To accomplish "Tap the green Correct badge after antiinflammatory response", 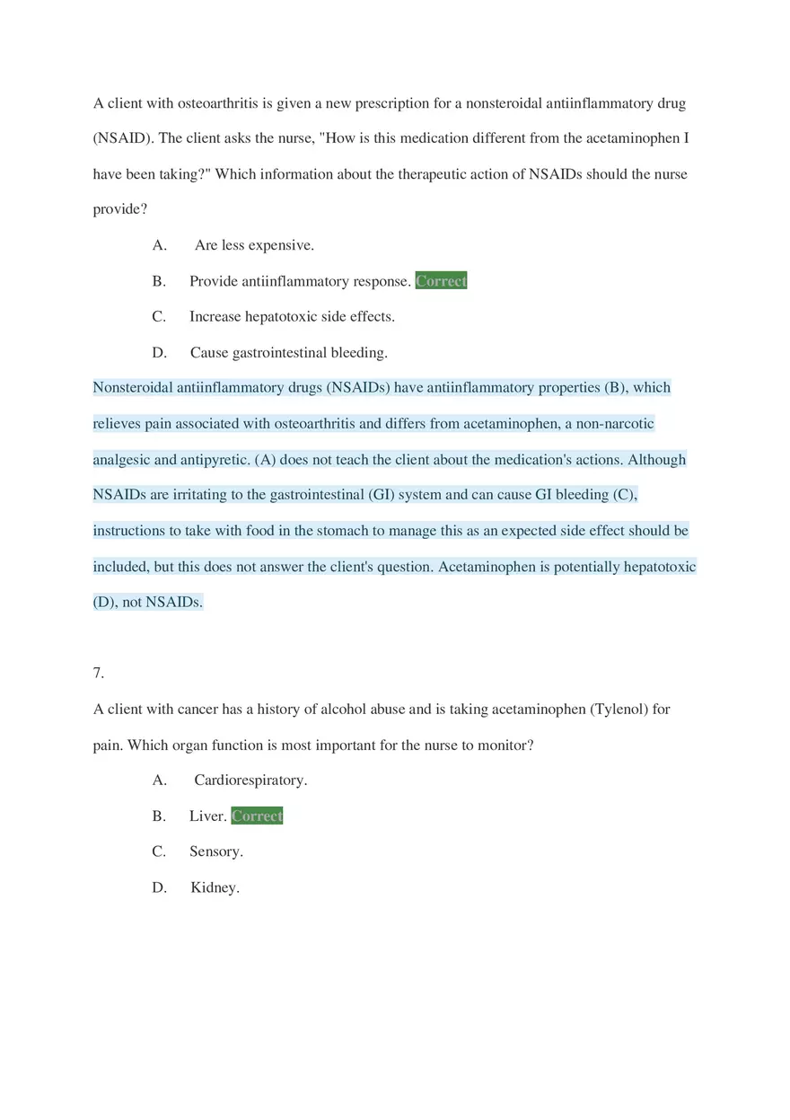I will coord(441,281).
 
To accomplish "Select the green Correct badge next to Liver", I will coord(257,816).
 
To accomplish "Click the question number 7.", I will coord(99,673).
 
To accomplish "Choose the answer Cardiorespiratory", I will coord(250,780).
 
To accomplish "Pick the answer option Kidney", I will coord(215,888).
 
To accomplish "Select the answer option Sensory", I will coord(216,851).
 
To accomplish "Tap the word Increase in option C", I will coord(217,317).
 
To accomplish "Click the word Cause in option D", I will coord(209,353).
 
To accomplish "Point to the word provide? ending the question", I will coord(120,209).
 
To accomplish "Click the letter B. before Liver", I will coord(159,816).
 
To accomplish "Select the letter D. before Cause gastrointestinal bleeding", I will coord(160,353).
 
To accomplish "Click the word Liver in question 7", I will coord(207,816).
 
